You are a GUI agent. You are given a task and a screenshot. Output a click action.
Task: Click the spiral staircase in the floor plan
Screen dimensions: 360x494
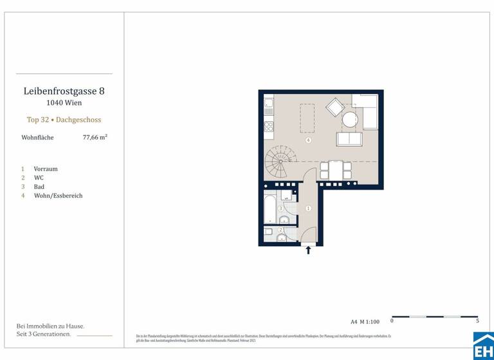(x=280, y=162)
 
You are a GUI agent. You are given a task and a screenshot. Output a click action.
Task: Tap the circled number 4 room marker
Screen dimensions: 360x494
(x=309, y=140)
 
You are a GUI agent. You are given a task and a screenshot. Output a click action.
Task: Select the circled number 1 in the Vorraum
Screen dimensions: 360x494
(x=309, y=208)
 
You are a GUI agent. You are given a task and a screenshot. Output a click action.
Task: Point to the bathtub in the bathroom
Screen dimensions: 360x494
(x=270, y=210)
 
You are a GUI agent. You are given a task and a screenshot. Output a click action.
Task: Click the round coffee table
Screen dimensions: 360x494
(x=350, y=120)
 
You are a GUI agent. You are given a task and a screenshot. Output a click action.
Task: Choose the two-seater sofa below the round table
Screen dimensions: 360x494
(x=349, y=139)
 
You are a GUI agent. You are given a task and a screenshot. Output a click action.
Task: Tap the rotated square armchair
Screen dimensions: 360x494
(x=335, y=107)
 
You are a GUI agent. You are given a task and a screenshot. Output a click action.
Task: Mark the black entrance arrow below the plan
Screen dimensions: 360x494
(x=308, y=250)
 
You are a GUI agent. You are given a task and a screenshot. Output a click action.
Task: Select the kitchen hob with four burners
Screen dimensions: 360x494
(x=269, y=125)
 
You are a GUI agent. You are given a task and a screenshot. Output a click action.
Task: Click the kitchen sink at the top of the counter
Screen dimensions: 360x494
(x=269, y=103)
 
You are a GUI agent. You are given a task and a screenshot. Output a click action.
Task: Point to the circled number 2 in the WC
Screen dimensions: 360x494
(x=281, y=230)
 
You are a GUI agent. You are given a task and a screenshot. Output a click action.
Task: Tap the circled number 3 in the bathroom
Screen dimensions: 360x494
(x=280, y=208)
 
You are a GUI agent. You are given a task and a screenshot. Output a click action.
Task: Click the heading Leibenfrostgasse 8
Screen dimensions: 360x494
(x=64, y=91)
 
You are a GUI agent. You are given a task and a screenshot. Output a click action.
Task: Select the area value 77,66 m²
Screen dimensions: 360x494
(x=95, y=137)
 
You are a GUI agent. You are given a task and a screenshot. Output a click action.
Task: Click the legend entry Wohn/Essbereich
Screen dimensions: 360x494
(x=58, y=195)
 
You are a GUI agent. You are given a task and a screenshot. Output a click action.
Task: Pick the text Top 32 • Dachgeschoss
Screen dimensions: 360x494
(x=64, y=120)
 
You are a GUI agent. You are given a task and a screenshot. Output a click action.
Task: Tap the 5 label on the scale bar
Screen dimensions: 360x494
(x=477, y=321)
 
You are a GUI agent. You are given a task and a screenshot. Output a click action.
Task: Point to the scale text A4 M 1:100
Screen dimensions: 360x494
(x=365, y=321)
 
